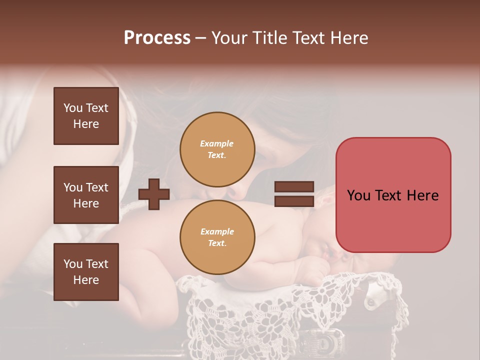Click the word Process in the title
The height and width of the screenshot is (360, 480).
[x=157, y=38]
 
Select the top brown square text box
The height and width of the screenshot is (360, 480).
[x=86, y=116]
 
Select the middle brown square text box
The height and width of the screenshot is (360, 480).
[x=86, y=195]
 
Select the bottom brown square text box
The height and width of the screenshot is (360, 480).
[x=86, y=271]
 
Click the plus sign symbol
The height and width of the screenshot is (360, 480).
[x=154, y=194]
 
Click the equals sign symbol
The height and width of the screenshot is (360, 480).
[x=294, y=194]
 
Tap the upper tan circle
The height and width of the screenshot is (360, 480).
[x=217, y=149]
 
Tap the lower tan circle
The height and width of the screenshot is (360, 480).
[x=217, y=237]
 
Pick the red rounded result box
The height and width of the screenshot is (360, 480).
[x=393, y=195]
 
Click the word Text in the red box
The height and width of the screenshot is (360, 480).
[x=393, y=195]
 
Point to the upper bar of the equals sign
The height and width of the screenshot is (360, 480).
[x=294, y=187]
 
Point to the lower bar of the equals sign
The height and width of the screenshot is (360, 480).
[x=294, y=201]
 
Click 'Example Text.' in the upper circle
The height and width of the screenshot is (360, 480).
[x=217, y=149]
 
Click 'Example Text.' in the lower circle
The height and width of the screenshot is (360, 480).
[x=217, y=237]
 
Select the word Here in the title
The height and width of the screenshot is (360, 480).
[x=348, y=38]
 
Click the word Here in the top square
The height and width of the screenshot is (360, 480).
[x=86, y=124]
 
